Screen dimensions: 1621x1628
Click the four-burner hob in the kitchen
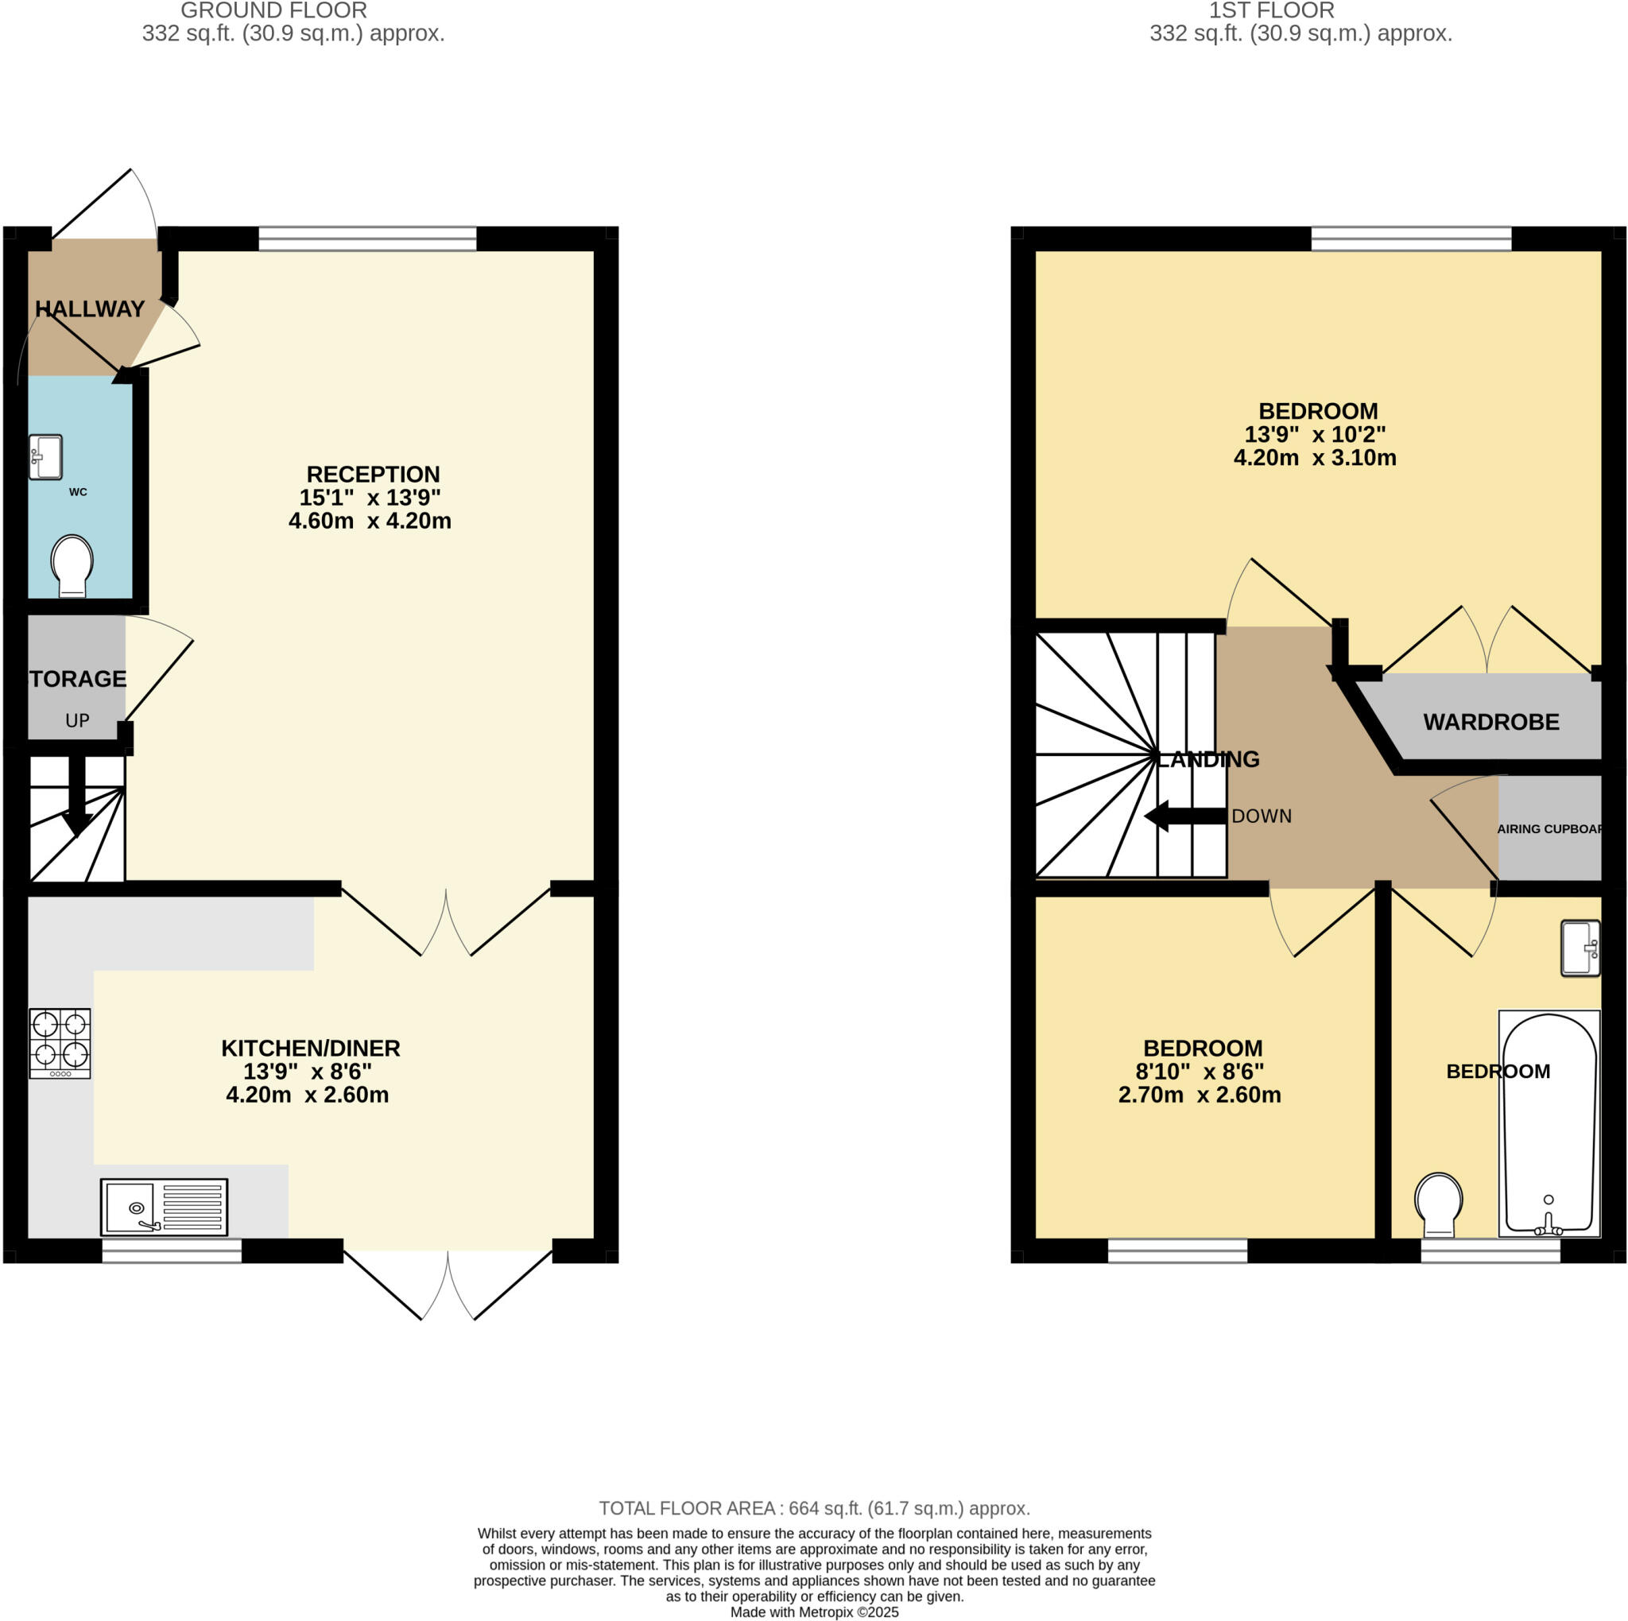pos(60,1043)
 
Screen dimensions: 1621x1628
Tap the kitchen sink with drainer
pos(164,1207)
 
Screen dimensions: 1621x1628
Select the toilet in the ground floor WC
pos(72,565)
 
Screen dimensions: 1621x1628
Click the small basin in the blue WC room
pos(45,456)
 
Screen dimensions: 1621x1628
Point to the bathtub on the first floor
pos(1549,1123)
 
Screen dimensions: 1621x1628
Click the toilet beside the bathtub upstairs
pos(1438,1204)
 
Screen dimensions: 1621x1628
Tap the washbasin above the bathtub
pos(1580,948)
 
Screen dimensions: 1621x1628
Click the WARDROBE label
pos(1490,722)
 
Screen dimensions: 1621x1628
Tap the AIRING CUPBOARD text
pos(1549,829)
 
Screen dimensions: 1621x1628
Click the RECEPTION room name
pos(373,475)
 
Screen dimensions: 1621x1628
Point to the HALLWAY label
pos(90,309)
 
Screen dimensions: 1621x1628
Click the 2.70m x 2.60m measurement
pos(1199,1096)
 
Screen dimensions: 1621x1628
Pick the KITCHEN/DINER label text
pos(310,1048)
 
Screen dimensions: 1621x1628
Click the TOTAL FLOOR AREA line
pos(814,1508)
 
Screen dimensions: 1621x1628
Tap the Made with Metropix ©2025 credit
pos(814,1611)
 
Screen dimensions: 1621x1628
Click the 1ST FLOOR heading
pos(1271,11)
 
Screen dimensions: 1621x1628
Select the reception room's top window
pos(367,239)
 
